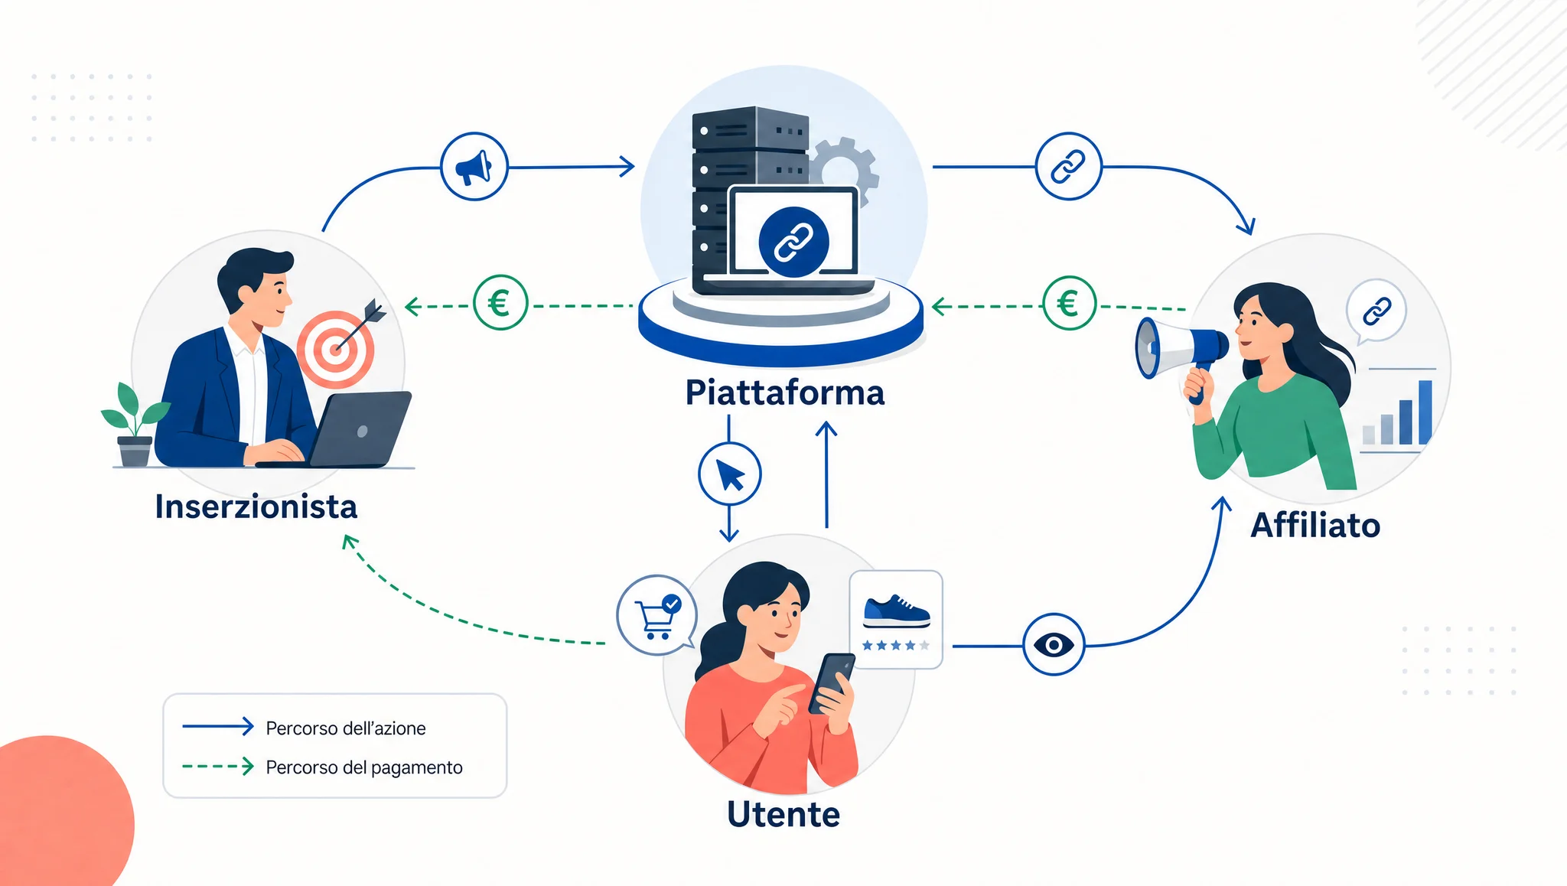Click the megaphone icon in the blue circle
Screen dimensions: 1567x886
coord(474,167)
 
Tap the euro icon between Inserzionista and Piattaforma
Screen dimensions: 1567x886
coord(500,303)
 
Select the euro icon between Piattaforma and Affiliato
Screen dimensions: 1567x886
coord(1069,304)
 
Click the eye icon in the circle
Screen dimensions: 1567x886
coord(1054,645)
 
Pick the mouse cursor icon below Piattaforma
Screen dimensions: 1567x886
coord(730,474)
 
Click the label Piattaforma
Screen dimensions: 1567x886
coord(784,393)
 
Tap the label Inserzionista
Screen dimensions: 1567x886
coord(256,507)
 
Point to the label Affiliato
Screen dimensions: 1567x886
coord(1315,526)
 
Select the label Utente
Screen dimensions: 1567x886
coord(783,814)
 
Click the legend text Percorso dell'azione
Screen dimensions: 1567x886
coord(346,728)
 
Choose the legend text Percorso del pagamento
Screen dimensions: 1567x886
coord(364,767)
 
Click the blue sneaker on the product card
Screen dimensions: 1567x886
coord(896,611)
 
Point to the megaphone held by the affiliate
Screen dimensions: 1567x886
coord(1178,353)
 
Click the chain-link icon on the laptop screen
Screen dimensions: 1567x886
coord(793,242)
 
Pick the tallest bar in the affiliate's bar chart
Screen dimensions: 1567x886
coord(1425,412)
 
